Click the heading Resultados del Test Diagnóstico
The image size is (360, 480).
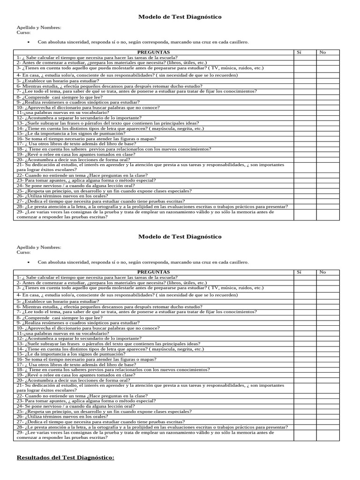click(x=66, y=457)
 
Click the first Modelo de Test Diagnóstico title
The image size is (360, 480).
click(x=180, y=17)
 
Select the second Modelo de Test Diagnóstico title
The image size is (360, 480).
click(x=180, y=237)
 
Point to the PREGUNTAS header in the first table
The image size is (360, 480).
click(x=154, y=52)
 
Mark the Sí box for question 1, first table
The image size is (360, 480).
click(x=305, y=57)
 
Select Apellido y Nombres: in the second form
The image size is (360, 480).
click(x=39, y=247)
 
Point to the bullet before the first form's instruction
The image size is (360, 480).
click(x=29, y=42)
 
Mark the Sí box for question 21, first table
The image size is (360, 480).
click(x=305, y=168)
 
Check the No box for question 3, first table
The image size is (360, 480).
click(x=327, y=68)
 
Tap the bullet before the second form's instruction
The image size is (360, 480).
click(x=29, y=262)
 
